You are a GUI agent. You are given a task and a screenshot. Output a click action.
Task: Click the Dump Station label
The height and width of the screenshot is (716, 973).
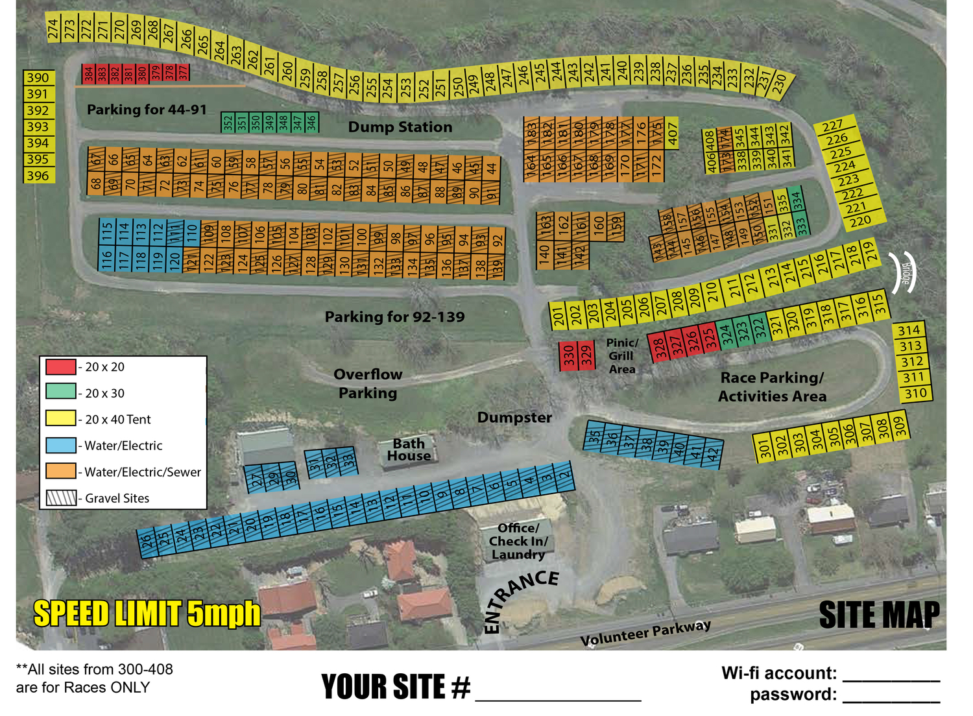click(400, 127)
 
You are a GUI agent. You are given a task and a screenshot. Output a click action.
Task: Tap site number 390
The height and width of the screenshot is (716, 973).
click(38, 78)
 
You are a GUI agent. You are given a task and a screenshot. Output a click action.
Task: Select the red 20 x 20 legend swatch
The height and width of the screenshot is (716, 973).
click(60, 366)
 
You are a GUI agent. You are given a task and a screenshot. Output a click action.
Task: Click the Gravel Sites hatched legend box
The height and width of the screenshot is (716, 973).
click(61, 498)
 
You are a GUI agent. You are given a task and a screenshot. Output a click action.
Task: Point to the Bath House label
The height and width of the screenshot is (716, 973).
click(409, 449)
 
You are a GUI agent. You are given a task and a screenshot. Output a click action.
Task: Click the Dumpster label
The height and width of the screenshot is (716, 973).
click(514, 418)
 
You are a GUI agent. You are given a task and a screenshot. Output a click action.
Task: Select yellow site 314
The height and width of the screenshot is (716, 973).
click(909, 330)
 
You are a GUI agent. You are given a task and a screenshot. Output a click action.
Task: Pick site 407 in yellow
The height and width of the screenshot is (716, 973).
click(673, 134)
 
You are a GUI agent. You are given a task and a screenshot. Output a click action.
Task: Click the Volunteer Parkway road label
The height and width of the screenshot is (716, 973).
click(645, 633)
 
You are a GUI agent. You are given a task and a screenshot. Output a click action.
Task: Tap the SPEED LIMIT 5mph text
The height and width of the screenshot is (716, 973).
click(147, 614)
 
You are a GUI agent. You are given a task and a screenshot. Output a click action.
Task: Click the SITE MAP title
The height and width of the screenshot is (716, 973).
click(879, 615)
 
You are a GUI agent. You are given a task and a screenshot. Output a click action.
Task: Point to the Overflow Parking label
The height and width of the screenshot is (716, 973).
click(368, 383)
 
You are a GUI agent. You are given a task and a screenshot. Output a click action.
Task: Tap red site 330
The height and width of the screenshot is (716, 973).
click(568, 356)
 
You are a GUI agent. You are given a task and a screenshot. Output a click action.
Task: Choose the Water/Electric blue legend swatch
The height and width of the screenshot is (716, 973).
click(60, 446)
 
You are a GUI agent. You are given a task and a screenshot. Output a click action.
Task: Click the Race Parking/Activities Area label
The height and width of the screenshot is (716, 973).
click(772, 387)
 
